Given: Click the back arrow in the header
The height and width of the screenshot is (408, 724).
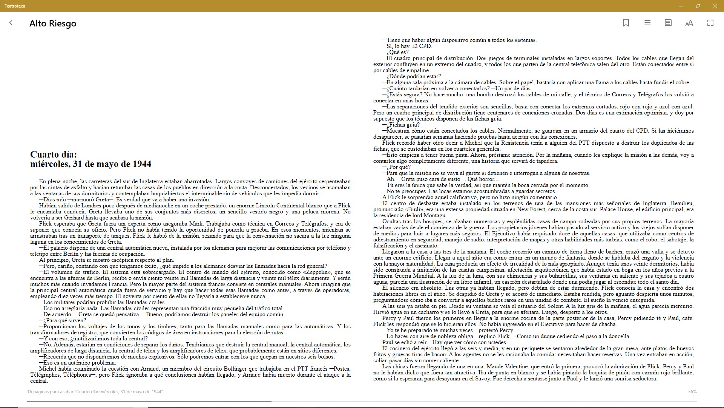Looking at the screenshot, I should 11,23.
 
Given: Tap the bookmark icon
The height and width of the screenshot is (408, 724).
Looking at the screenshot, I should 626,23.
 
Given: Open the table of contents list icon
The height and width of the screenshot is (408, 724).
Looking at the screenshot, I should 647,23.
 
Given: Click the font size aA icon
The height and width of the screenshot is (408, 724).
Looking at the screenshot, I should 689,23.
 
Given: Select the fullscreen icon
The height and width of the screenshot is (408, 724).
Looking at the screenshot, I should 710,23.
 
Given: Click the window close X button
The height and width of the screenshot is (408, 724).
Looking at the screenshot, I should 715,6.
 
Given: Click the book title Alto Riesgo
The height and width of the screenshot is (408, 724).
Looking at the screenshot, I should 53,23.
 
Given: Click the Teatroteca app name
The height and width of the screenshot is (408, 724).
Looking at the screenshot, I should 15,6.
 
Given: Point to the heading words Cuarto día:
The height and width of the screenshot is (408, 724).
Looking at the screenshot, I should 54,155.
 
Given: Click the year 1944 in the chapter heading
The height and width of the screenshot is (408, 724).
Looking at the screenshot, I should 142,164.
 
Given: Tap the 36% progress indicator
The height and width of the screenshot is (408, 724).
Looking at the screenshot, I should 692,392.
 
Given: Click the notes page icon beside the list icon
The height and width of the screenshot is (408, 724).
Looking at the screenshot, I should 668,23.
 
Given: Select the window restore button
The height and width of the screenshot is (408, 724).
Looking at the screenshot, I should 698,6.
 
